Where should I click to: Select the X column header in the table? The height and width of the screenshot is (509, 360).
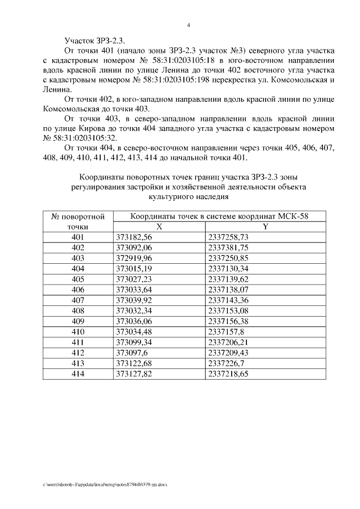pos(159,227)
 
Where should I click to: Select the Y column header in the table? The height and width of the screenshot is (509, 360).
pos(265,227)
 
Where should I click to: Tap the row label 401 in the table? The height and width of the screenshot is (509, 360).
pos(78,237)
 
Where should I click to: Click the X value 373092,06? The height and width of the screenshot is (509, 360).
pos(134,247)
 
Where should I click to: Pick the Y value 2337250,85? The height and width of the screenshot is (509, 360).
pos(236,258)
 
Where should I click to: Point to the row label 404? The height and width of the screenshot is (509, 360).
pos(78,268)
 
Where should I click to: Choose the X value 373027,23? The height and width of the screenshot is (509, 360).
pos(134,279)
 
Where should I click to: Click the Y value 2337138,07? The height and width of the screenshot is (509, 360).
pos(236,289)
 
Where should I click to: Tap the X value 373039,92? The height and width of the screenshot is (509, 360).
pos(134,300)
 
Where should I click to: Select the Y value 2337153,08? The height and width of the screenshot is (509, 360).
pos(236,310)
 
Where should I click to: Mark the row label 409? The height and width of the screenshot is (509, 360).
pos(78,321)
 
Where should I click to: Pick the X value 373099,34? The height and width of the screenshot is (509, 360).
pos(134,341)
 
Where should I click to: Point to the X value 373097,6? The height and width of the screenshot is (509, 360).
pos(130,352)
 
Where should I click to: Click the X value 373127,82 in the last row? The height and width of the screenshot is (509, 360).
pos(134,373)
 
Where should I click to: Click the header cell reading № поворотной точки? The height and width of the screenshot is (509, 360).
pos(78,221)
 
